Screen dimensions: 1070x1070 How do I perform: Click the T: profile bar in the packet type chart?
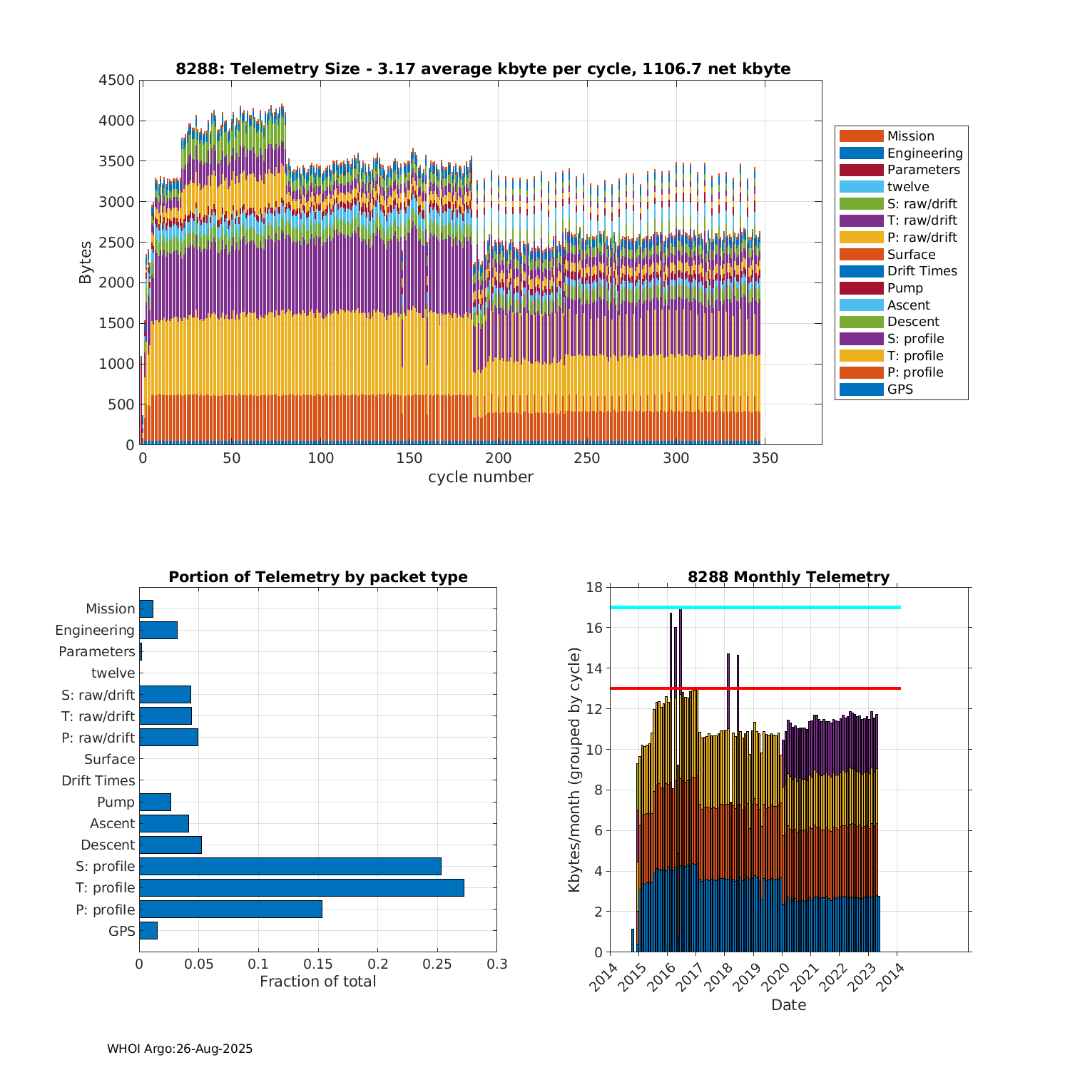click(x=301, y=887)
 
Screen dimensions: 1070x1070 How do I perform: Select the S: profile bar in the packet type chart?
click(x=290, y=866)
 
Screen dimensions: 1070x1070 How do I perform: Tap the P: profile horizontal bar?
click(x=230, y=909)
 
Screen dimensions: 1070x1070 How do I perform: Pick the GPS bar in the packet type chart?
click(x=148, y=930)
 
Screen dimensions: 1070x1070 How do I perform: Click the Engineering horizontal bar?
click(x=158, y=630)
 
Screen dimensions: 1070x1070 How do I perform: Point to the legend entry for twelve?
click(x=907, y=187)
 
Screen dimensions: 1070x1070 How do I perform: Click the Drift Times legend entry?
click(x=922, y=271)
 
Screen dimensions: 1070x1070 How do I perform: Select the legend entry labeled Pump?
click(x=905, y=288)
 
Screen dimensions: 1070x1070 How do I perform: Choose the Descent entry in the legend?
click(x=912, y=322)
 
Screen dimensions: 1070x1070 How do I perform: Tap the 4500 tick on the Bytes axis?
click(x=116, y=80)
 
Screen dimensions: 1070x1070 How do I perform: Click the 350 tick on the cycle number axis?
click(x=765, y=458)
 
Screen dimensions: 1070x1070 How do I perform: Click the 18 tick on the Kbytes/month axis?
click(x=593, y=587)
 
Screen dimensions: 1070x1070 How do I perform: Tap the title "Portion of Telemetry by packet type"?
click(x=318, y=577)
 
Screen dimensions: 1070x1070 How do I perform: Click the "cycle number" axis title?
click(x=480, y=477)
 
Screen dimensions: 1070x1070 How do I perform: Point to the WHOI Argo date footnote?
click(x=180, y=1049)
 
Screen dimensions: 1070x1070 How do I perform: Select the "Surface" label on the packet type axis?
click(x=109, y=759)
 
